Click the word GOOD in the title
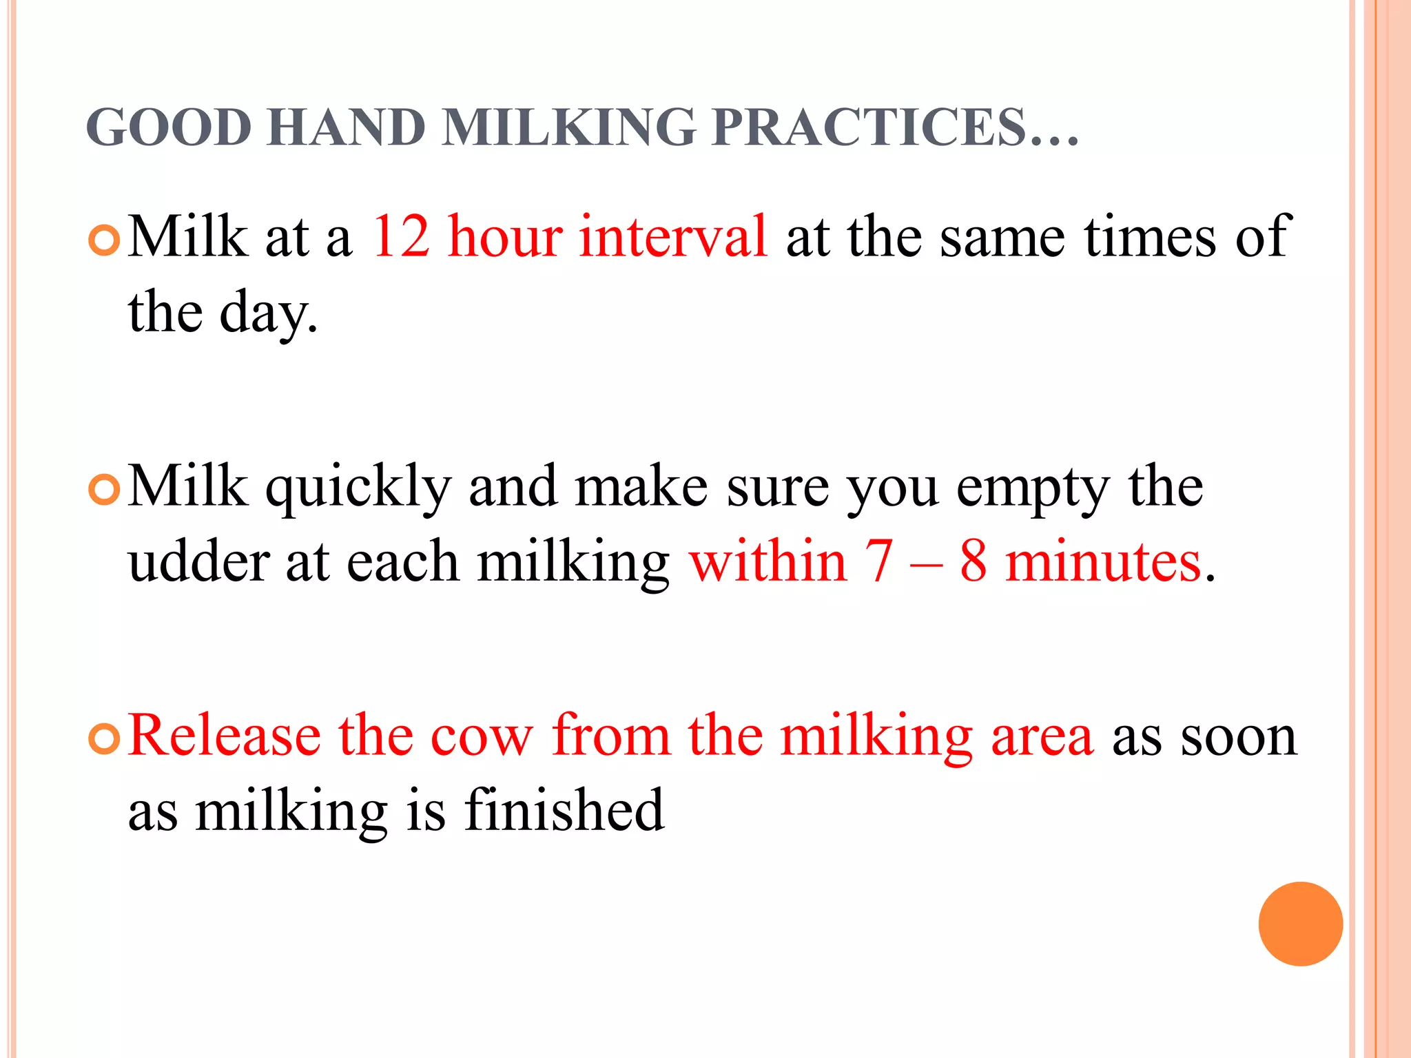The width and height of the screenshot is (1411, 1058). (169, 128)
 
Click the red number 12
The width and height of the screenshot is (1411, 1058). (401, 237)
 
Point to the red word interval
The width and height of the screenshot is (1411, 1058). (673, 237)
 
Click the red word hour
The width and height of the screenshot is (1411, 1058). (505, 237)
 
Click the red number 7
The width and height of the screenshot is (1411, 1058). (879, 562)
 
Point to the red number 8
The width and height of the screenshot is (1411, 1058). (973, 562)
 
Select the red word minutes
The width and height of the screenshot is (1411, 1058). (1103, 562)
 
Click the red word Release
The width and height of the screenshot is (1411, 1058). (225, 736)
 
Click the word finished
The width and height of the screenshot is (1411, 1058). (564, 811)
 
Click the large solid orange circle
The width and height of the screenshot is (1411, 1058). (1300, 924)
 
